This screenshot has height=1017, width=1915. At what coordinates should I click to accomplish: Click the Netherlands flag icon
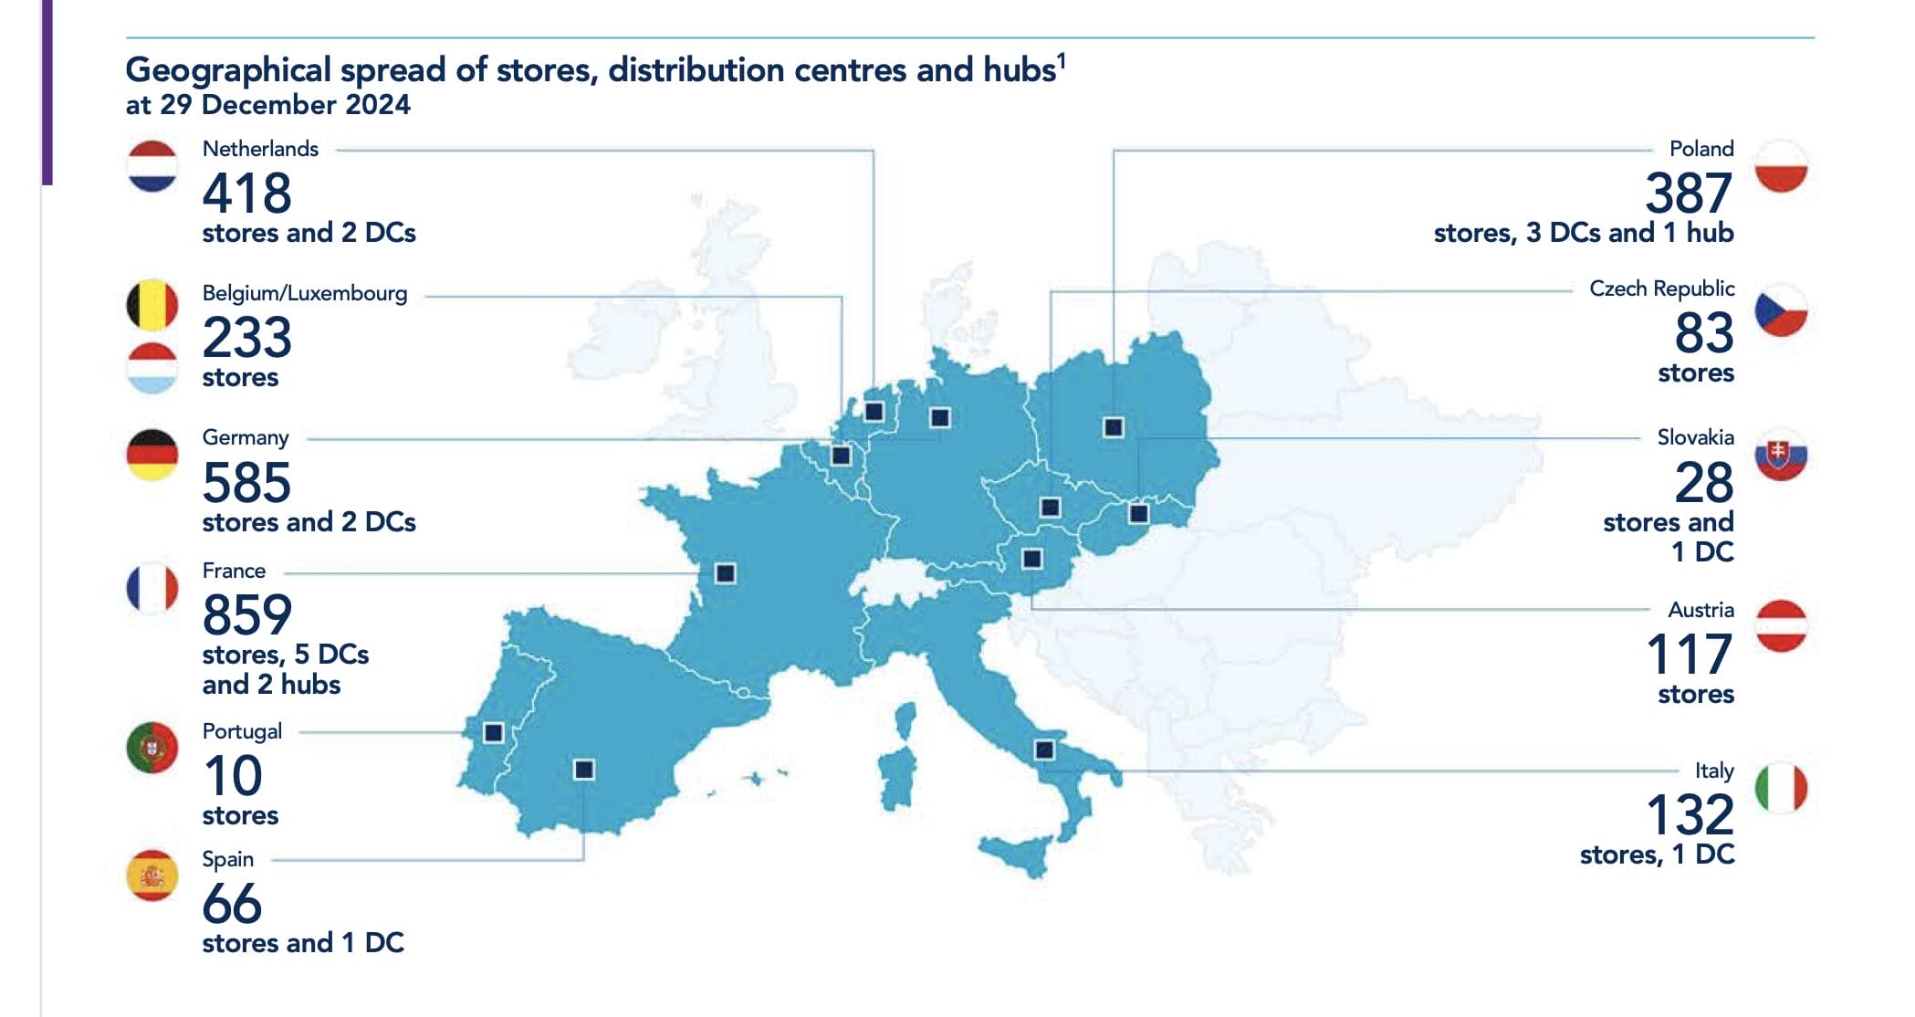coord(152,166)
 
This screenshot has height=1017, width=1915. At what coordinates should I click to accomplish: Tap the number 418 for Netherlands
coord(246,194)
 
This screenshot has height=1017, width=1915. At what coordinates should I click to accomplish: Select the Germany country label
coord(245,437)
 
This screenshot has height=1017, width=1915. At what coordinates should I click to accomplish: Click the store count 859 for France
coord(246,614)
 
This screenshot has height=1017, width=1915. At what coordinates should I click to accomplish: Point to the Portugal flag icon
coord(152,748)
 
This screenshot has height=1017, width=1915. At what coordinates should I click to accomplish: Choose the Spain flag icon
coord(152,875)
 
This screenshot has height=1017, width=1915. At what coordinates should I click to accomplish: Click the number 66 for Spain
coord(232,904)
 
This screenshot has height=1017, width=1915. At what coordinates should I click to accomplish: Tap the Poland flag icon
coord(1781,166)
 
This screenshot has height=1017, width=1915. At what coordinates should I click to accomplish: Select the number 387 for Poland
coord(1688,194)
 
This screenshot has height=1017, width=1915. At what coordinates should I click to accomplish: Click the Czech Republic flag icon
coord(1781,310)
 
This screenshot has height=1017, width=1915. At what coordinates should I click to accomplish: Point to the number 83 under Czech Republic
coord(1703,333)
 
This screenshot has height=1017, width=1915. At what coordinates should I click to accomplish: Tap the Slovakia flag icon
coord(1781,455)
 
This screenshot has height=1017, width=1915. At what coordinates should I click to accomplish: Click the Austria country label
coord(1700,610)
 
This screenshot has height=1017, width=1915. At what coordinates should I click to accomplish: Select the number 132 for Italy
coord(1690,814)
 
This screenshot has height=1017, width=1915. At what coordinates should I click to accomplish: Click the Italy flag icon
coord(1781,788)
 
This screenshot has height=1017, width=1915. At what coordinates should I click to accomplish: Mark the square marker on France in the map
coord(726,573)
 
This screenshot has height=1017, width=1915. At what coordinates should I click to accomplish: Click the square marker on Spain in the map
coord(584,770)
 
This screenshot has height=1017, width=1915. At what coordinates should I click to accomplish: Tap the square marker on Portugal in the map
coord(493,732)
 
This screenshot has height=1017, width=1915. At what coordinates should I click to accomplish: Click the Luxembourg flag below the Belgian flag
coord(152,369)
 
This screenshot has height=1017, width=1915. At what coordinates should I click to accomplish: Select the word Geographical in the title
coord(228,69)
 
